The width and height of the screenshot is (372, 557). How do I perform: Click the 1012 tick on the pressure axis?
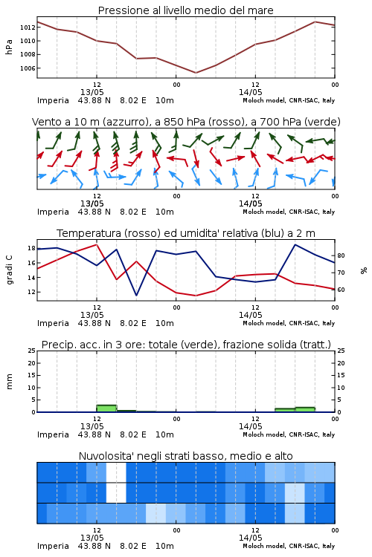tap(28, 27)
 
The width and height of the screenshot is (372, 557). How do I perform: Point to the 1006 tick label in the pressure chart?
tap(28, 68)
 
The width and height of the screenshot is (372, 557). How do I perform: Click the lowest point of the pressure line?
tap(196, 73)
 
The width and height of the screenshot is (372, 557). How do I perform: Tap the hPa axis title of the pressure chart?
tap(9, 47)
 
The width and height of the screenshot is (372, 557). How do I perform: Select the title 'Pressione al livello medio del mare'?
tap(186, 10)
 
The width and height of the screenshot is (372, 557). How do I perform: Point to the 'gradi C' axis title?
tap(9, 270)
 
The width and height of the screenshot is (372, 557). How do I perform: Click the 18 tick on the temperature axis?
tap(31, 248)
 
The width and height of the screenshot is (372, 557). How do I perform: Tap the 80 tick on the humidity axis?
tap(341, 255)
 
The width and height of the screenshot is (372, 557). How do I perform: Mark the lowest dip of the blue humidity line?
tap(136, 295)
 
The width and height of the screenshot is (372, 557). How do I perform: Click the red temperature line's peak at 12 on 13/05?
tap(97, 244)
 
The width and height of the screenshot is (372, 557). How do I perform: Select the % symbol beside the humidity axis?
tap(364, 270)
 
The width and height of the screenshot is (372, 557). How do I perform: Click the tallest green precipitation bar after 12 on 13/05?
tap(106, 408)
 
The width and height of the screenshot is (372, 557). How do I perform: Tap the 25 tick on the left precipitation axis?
tap(31, 351)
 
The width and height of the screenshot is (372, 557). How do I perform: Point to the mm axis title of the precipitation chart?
tap(9, 382)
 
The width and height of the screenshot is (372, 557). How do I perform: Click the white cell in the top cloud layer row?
tap(116, 472)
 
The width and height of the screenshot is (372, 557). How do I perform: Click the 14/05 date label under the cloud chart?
tap(250, 538)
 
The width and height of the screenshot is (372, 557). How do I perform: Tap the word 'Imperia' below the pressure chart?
tap(53, 100)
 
